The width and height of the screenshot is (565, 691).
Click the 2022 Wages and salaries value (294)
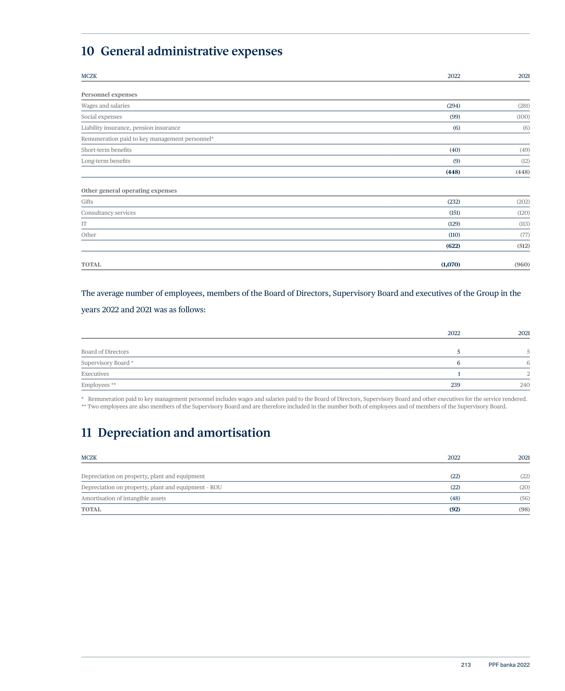(453, 106)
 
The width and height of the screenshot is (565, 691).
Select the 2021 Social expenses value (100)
(523, 117)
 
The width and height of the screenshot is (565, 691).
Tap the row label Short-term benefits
(107, 150)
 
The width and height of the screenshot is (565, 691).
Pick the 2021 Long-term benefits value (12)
(525, 161)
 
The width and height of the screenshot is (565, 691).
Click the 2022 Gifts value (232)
(453, 202)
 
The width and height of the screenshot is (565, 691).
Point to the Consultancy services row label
(108, 213)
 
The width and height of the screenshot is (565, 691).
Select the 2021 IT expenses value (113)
(524, 224)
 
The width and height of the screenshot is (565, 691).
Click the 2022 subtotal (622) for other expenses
(453, 246)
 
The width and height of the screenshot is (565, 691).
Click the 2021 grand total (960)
(522, 265)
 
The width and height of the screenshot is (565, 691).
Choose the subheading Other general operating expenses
(129, 191)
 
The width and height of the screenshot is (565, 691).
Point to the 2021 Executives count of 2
(528, 374)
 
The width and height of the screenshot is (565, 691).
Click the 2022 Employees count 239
(455, 385)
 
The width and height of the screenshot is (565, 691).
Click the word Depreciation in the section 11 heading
(134, 433)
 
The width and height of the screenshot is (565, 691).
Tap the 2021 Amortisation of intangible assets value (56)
(524, 499)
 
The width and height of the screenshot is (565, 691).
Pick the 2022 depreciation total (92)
(454, 510)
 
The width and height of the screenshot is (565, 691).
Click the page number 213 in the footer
(466, 665)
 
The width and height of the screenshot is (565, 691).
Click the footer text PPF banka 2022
(509, 665)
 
